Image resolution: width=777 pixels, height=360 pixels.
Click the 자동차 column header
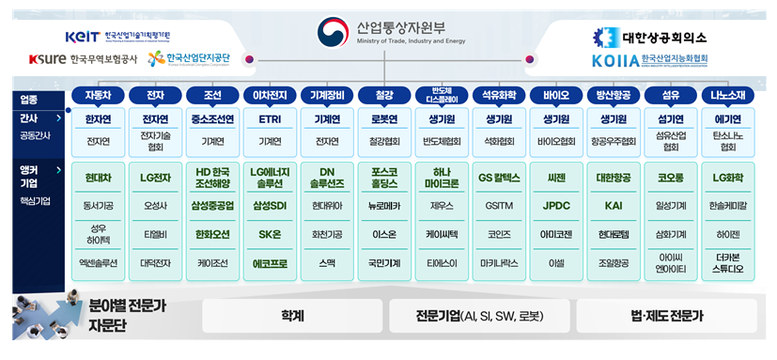[98, 96]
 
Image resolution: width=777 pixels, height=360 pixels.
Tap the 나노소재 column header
[728, 96]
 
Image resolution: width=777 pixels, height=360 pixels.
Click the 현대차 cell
[98, 178]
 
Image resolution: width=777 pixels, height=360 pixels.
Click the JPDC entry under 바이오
[556, 206]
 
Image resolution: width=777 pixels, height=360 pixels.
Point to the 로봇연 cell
[385, 119]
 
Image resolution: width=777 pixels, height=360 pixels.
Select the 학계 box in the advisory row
[290, 316]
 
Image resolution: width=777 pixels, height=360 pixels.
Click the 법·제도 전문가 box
[666, 316]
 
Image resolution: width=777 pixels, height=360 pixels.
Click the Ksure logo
[47, 59]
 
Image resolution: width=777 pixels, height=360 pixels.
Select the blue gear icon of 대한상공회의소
[604, 37]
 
